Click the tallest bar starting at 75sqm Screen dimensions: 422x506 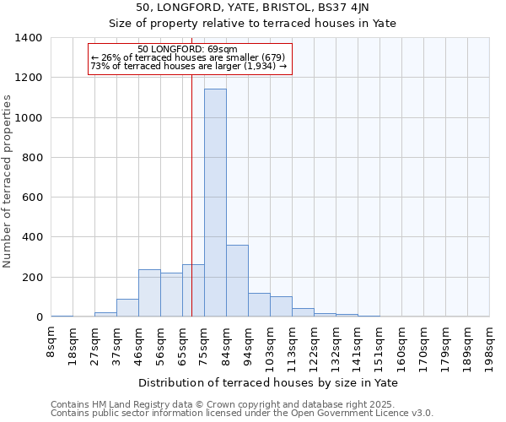(215, 203)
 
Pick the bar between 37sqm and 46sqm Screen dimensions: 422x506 (127, 308)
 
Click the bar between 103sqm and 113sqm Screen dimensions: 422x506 (281, 307)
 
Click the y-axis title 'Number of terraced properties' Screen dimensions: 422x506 (8, 181)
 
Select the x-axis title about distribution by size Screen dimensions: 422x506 (270, 383)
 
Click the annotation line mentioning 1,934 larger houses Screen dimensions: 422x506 (189, 66)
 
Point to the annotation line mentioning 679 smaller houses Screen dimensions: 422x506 (189, 57)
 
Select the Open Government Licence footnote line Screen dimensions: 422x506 (242, 414)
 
